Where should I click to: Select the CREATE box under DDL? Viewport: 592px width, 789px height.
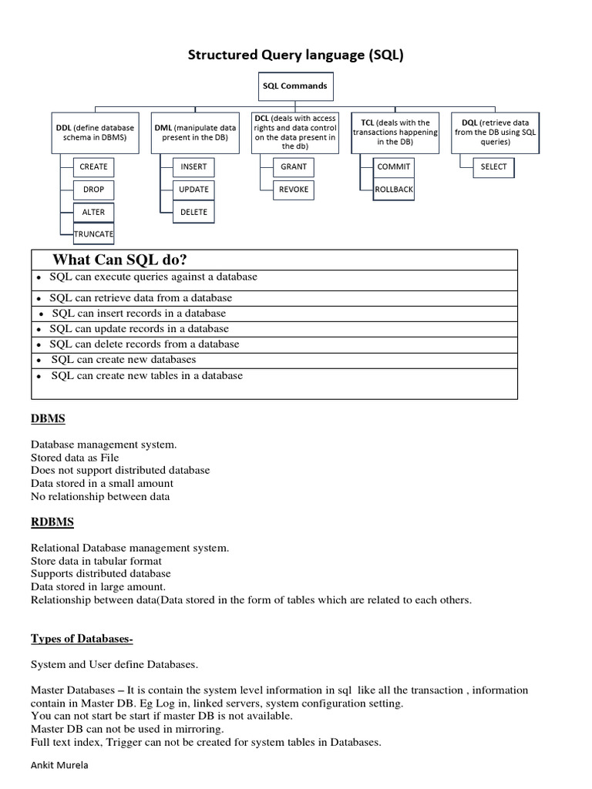tap(93, 166)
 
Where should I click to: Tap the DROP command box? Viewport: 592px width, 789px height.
tap(93, 189)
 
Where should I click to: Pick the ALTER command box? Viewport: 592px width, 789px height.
tap(93, 212)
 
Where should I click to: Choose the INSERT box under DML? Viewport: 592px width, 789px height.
tap(193, 166)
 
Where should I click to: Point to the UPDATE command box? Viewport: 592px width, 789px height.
tap(193, 189)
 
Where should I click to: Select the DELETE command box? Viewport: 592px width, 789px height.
tap(193, 212)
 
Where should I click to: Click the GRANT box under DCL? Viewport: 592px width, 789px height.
tap(294, 166)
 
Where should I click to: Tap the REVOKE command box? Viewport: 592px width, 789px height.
tap(294, 189)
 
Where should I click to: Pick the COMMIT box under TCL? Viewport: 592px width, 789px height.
tap(394, 166)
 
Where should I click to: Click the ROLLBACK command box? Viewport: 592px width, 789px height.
tap(394, 189)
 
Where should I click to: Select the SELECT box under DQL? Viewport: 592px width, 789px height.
tap(494, 166)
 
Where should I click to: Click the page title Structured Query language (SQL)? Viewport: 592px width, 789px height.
tap(297, 55)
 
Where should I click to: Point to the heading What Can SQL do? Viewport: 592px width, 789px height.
tap(119, 259)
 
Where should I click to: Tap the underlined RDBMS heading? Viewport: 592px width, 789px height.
tap(52, 522)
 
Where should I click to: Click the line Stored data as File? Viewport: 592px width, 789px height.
tap(75, 457)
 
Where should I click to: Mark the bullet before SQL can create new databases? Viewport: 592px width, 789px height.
tap(39, 361)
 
